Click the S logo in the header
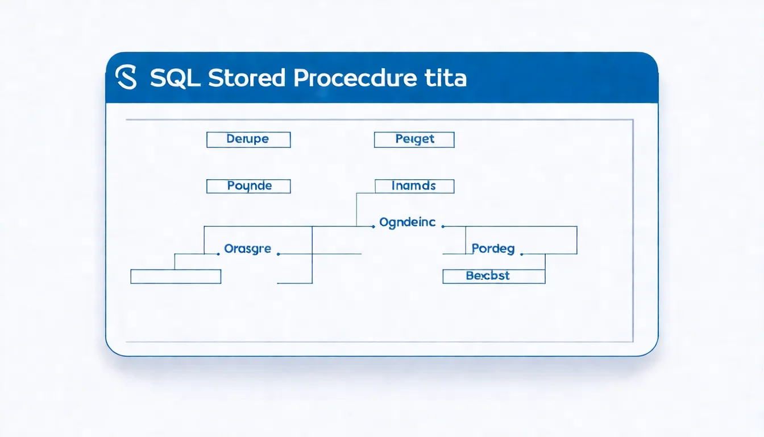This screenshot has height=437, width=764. pyautogui.click(x=126, y=77)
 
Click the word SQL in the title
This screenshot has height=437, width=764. pyautogui.click(x=175, y=78)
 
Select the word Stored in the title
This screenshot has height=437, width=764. pyautogui.click(x=246, y=78)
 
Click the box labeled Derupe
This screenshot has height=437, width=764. pyautogui.click(x=248, y=139)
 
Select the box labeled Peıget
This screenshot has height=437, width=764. pyautogui.click(x=414, y=139)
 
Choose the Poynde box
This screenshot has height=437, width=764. pyautogui.click(x=248, y=186)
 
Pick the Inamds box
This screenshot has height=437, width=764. pyautogui.click(x=414, y=186)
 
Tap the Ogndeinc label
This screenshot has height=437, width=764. pyautogui.click(x=407, y=222)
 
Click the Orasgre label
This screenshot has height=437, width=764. pyautogui.click(x=248, y=249)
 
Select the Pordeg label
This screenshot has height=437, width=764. pyautogui.click(x=493, y=249)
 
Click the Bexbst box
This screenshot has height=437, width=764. pyautogui.click(x=493, y=276)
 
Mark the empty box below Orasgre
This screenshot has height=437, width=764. pyautogui.click(x=176, y=277)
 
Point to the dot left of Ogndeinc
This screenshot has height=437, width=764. pyautogui.click(x=373, y=226)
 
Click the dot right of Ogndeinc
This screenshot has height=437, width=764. pyautogui.click(x=442, y=226)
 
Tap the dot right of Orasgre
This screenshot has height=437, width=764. pyautogui.click(x=278, y=254)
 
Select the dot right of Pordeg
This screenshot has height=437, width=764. pyautogui.click(x=522, y=254)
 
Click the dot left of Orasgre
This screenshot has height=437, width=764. pyautogui.click(x=219, y=254)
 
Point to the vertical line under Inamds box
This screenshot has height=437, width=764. pyautogui.click(x=356, y=209)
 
